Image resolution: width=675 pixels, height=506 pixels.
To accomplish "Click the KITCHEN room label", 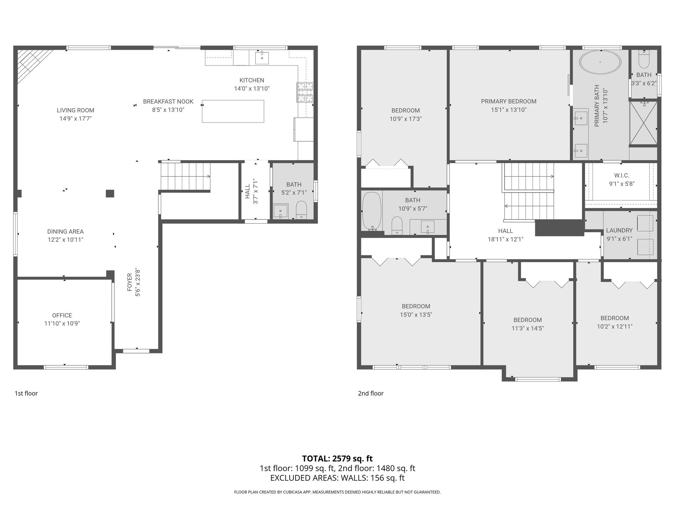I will [x=251, y=80].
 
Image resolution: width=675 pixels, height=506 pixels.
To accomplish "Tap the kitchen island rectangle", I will [x=233, y=111].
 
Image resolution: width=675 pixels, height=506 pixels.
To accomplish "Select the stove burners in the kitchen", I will [x=305, y=92].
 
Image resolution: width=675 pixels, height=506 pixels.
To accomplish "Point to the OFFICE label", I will [x=62, y=315].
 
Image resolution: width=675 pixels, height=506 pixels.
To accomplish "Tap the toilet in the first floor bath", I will [x=301, y=210].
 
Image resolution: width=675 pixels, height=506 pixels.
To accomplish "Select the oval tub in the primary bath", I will [x=600, y=62].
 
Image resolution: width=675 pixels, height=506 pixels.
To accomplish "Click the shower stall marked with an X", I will [x=643, y=123].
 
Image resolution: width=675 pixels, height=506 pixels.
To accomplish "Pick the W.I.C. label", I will [x=622, y=176].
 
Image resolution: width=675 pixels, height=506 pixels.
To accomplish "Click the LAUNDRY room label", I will [x=619, y=231].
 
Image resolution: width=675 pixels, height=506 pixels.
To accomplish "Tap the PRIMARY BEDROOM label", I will [x=509, y=101].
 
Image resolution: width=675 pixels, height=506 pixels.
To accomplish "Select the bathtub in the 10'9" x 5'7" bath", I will [x=371, y=211].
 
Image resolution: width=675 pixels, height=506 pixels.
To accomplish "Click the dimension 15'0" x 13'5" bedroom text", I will [x=416, y=315].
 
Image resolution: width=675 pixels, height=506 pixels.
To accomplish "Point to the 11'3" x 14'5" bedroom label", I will [x=527, y=320].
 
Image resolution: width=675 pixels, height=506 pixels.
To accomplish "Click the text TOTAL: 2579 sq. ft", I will [x=337, y=458].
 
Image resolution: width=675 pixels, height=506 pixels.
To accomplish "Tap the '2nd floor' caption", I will [x=370, y=393].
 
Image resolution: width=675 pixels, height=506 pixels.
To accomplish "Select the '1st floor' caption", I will [x=26, y=393].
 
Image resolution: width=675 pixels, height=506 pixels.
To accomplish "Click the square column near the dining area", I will [x=110, y=193].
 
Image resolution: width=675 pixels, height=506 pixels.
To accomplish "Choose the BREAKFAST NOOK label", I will [x=168, y=101].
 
